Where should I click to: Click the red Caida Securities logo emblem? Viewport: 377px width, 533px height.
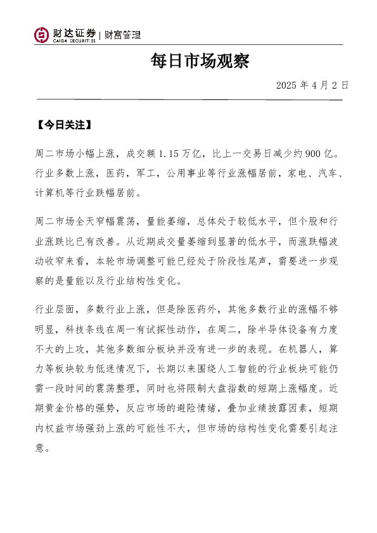tap(42, 35)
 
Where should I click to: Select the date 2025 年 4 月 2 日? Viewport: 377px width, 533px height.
tap(312, 85)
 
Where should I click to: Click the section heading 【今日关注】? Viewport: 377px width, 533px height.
tap(65, 124)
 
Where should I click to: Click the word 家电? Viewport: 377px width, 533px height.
tap(298, 172)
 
